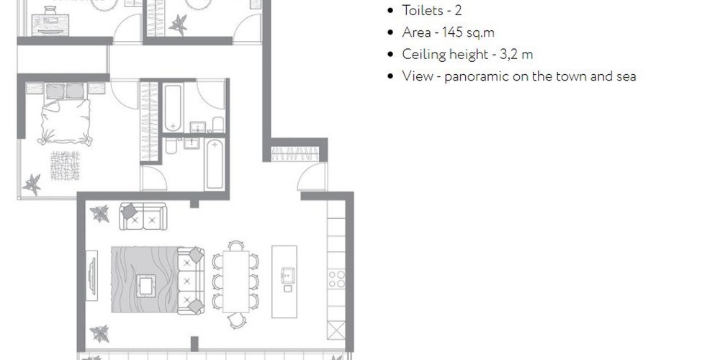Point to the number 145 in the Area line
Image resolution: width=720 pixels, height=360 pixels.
pos(452,32)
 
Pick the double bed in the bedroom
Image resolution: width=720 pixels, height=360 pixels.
pos(66,114)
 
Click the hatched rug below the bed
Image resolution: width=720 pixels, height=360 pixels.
pos(65,166)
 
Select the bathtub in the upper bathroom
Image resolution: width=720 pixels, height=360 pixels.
pos(173,107)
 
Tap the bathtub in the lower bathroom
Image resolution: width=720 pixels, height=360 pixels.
pos(215,165)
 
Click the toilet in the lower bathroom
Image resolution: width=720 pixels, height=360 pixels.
pos(171,146)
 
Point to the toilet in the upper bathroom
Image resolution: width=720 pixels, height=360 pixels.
pos(218,125)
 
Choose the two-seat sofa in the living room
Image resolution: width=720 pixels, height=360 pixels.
pos(143,216)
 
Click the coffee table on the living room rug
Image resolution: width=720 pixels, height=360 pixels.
pos(145,286)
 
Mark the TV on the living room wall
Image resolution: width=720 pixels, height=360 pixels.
pos(92,276)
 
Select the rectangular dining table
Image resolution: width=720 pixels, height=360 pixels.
pos(235,282)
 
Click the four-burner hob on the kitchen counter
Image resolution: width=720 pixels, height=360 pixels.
pos(336,279)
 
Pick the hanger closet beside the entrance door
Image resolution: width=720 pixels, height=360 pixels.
pos(294,154)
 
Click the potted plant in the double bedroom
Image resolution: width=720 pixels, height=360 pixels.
pos(32,184)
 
